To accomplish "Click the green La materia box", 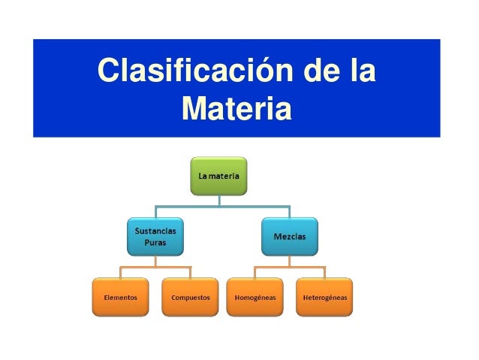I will [219, 177].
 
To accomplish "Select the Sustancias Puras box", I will [155, 237].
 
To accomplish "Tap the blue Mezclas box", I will [289, 237].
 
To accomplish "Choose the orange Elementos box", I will [120, 297].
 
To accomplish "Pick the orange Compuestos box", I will [191, 297].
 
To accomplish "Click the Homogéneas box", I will [255, 297].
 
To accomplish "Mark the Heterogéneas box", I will [324, 297].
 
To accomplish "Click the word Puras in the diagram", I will [155, 244].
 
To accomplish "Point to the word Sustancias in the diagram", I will [155, 231].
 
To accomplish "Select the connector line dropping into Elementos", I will [120, 273].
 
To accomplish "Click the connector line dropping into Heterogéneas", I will [324, 273].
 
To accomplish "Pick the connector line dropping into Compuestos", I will [191, 273].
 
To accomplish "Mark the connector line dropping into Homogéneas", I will [255, 273].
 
